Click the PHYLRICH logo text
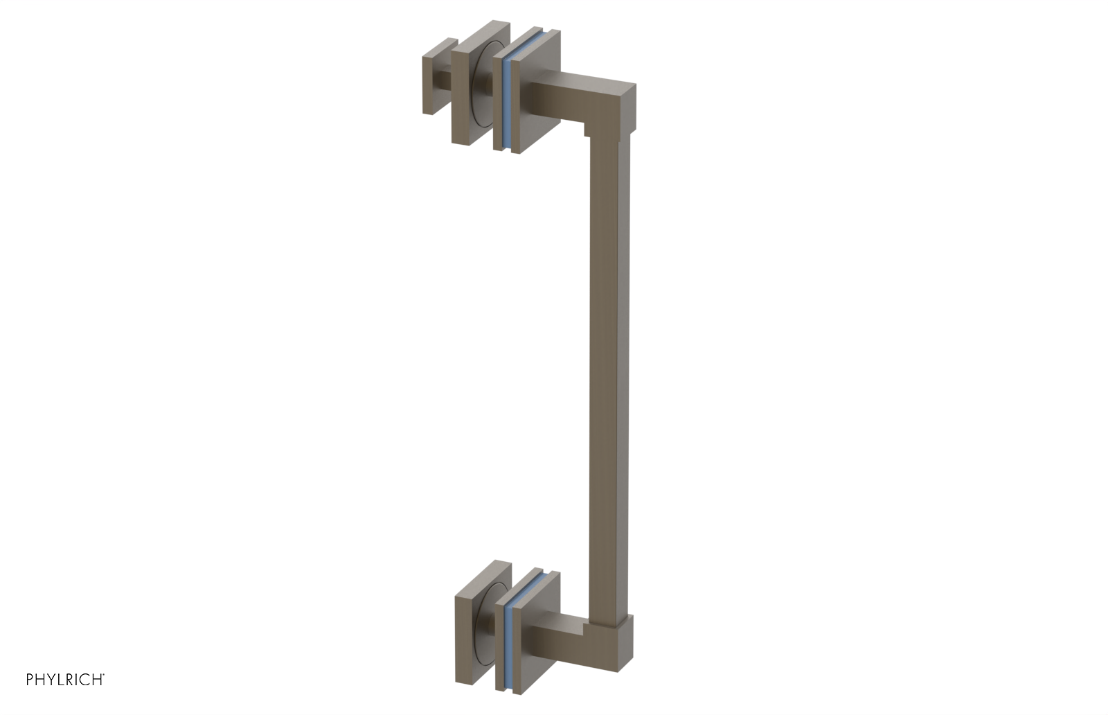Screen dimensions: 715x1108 [65, 679]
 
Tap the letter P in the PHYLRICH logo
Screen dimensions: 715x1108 [30, 680]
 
